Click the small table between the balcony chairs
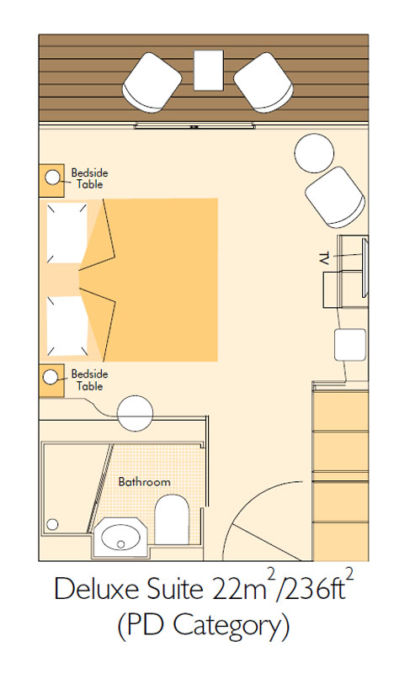pyautogui.click(x=208, y=71)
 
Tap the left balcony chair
pyautogui.click(x=152, y=82)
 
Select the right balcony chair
pyautogui.click(x=264, y=82)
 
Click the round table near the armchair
pyautogui.click(x=314, y=153)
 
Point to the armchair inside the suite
pyautogui.click(x=335, y=197)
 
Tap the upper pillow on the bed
pyautogui.click(x=67, y=233)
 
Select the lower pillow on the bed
pyautogui.click(x=67, y=326)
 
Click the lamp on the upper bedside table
pyautogui.click(x=52, y=178)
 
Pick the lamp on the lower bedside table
pyautogui.click(x=51, y=377)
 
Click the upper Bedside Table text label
pyautogui.click(x=89, y=178)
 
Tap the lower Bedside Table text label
pyautogui.click(x=89, y=380)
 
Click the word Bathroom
pyautogui.click(x=144, y=482)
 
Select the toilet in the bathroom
pyautogui.click(x=172, y=519)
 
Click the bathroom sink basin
pyautogui.click(x=120, y=538)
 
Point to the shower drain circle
pyautogui.click(x=52, y=524)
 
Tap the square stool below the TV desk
pyautogui.click(x=350, y=344)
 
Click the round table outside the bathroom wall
pyautogui.click(x=136, y=413)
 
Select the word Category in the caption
pyautogui.click(x=231, y=627)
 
